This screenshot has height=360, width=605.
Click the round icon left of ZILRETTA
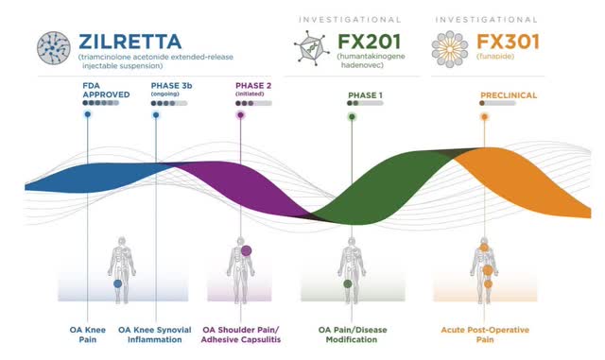(x=54, y=46)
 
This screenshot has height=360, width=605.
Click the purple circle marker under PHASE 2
(x=241, y=115)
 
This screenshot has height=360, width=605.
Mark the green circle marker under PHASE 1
(x=352, y=116)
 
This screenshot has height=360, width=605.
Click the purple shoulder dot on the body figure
(x=246, y=251)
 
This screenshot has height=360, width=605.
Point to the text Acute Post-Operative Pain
(x=484, y=335)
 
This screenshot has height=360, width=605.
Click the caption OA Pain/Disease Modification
(x=347, y=335)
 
